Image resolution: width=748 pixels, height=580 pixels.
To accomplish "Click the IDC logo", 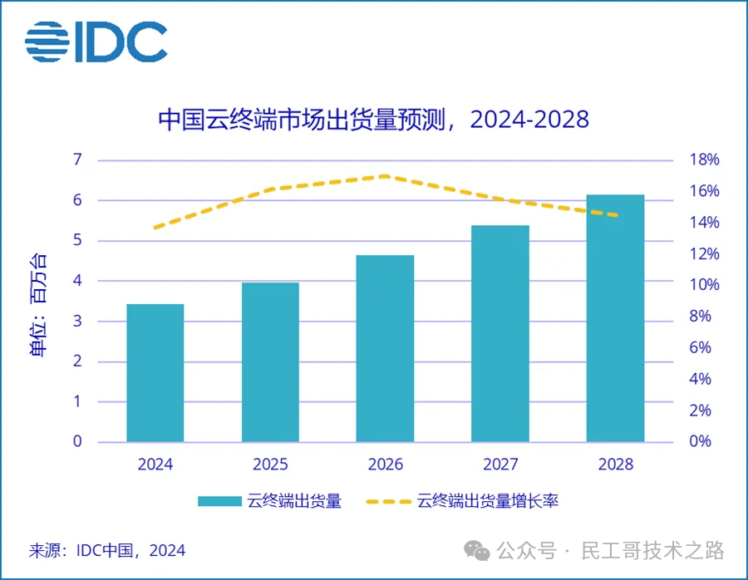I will [x=96, y=42].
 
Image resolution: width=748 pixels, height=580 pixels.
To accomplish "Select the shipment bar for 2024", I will [x=155, y=373].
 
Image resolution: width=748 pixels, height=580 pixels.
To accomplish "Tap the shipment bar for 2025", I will [x=270, y=362].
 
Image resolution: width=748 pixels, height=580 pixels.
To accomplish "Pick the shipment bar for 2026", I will [x=385, y=348].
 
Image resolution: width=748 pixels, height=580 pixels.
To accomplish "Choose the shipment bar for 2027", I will [x=500, y=333].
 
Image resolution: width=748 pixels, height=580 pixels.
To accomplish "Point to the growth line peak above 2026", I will [x=386, y=176].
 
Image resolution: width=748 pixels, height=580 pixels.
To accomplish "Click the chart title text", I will [x=373, y=120].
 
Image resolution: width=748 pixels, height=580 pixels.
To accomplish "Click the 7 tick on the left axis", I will [x=77, y=160].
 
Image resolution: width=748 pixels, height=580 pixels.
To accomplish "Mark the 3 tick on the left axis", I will [x=77, y=321].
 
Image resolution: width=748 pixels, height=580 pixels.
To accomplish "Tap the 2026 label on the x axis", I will [x=385, y=464].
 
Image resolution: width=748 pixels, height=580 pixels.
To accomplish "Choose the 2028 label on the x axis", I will [x=615, y=464].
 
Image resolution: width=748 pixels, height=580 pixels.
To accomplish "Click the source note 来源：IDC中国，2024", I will [x=107, y=550].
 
